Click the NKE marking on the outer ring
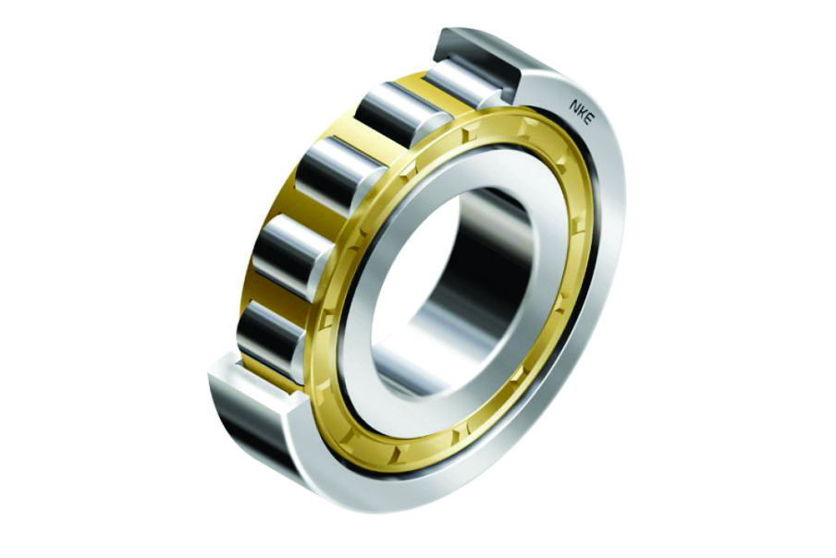point(581,113)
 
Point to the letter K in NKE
point(582,113)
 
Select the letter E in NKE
point(587,120)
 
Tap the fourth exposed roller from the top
point(296,249)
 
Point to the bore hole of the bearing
point(459,287)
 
